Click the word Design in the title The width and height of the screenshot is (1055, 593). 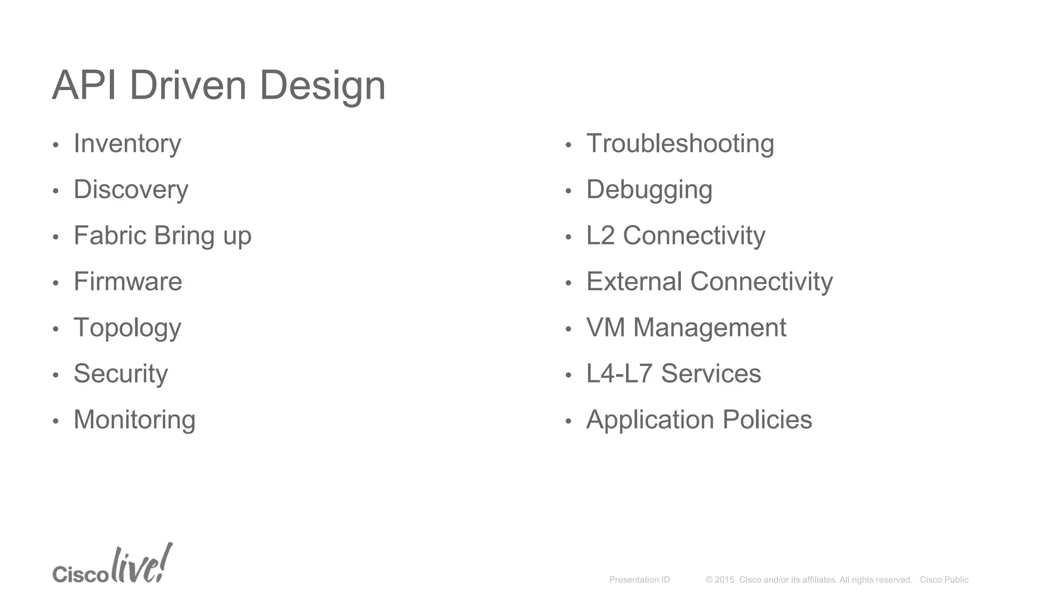point(322,85)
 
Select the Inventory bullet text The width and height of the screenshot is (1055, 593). point(127,144)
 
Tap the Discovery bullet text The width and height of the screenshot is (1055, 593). point(131,189)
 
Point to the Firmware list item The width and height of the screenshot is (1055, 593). point(128,282)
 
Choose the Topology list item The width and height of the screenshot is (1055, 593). point(127,328)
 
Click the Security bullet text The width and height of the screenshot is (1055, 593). point(121,374)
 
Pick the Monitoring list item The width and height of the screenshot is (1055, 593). point(134,420)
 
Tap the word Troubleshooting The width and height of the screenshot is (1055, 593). point(680,144)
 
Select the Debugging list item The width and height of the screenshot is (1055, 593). point(649,189)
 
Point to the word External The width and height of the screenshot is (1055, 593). point(634,282)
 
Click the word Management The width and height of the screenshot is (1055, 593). point(709,328)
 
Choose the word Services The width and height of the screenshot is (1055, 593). point(711,374)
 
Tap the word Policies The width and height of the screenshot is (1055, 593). point(767,420)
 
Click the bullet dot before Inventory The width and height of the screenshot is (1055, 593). point(56,145)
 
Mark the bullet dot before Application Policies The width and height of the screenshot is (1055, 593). point(568,421)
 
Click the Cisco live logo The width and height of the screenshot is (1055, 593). point(112,564)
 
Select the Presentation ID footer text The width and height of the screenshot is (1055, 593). point(639,580)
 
